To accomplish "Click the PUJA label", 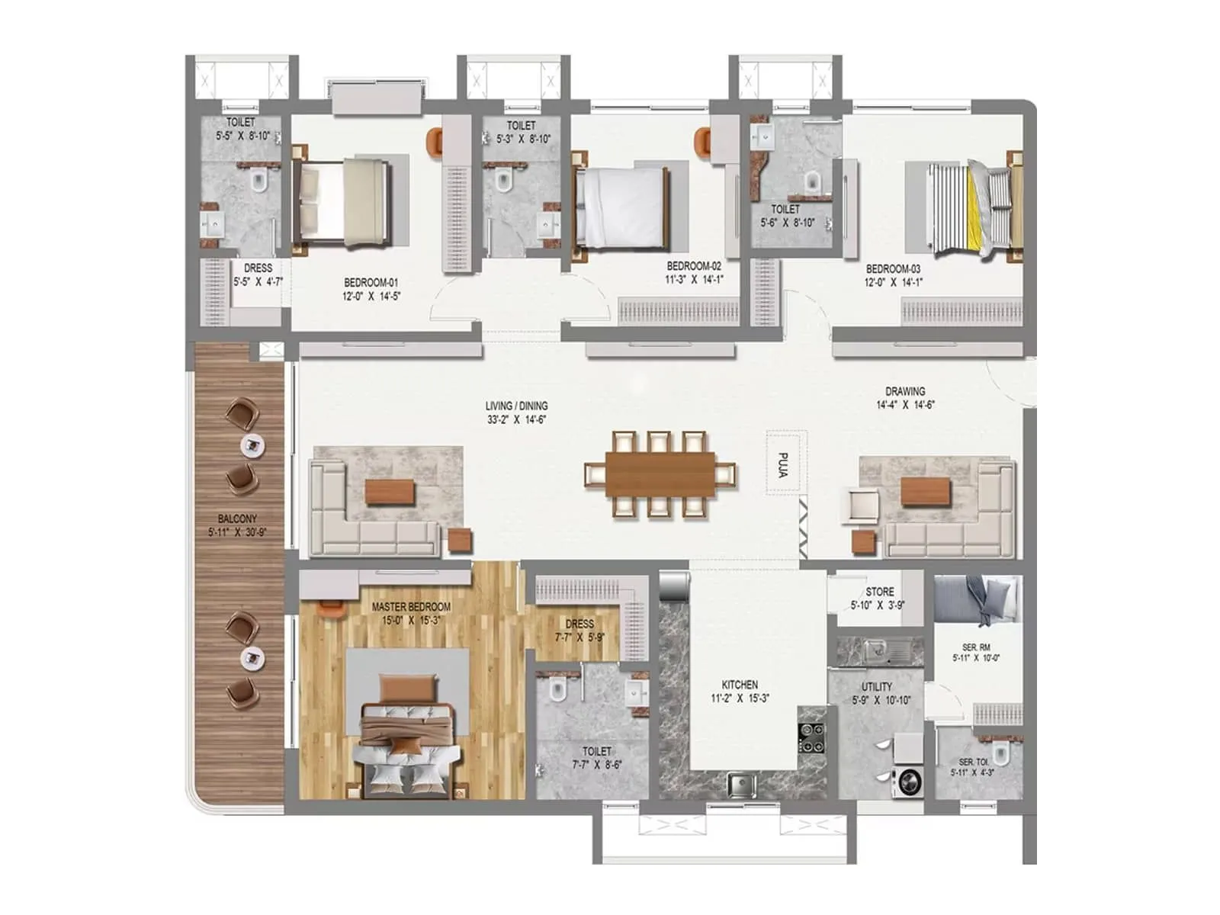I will pos(783,465).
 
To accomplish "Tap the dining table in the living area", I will pos(660,474).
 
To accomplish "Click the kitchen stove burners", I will pos(811,734).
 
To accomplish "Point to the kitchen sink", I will pos(740,783).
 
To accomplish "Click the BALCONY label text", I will pos(237,518).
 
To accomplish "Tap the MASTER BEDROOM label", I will pos(411,607).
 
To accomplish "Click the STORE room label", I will pos(879,592).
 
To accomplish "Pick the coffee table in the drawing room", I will pos(926,492).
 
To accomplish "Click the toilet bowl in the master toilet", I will pos(558,689).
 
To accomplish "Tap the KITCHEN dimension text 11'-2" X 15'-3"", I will pos(739,698).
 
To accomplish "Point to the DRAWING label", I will pos(905,391).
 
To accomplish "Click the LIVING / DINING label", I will pos(516,406).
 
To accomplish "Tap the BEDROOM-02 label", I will pos(693,266).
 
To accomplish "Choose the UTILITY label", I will pos(877,686).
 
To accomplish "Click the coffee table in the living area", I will pos(390,492).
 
